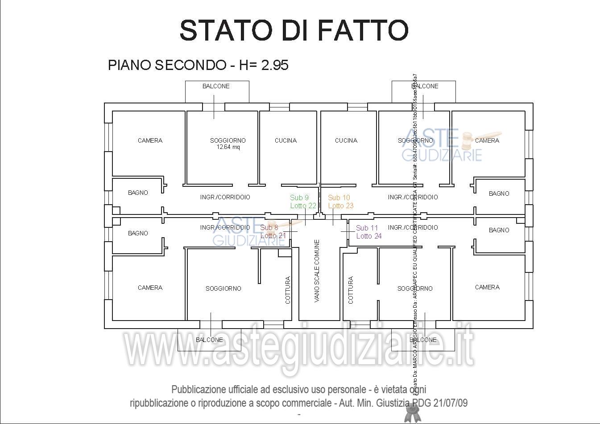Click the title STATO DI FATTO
[294, 30]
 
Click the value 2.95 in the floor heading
[275, 65]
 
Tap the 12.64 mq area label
[228, 147]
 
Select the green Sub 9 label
[299, 198]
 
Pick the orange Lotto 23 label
[341, 206]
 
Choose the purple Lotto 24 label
[369, 236]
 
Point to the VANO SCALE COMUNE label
[317, 271]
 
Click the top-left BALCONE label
[216, 86]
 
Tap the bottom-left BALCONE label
[209, 340]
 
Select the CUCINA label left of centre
[286, 140]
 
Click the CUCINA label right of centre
[346, 140]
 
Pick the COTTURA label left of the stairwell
[288, 290]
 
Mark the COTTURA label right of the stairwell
[351, 290]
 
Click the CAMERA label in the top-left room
[150, 140]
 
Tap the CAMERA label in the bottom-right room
[487, 287]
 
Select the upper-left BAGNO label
[138, 193]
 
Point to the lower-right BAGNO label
[499, 230]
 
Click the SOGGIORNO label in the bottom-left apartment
[223, 288]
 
